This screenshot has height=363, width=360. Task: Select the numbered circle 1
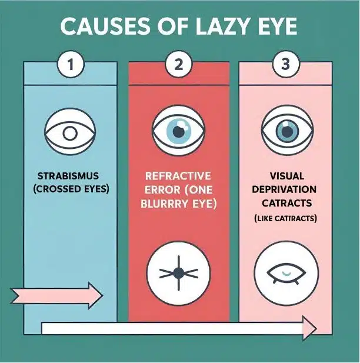(71, 64)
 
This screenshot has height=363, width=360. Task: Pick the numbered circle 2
(178, 64)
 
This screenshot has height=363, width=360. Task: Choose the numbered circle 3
(286, 64)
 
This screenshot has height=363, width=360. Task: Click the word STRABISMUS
(68, 176)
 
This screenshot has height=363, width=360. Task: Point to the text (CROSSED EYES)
(71, 189)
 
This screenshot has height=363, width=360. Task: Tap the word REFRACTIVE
(178, 176)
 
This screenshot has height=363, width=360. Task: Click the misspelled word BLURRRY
(165, 204)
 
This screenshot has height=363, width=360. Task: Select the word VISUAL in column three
(287, 176)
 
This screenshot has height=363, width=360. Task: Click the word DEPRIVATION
(284, 189)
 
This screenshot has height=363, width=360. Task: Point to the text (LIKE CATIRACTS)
(285, 218)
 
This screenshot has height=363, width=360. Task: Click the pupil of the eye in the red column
(179, 132)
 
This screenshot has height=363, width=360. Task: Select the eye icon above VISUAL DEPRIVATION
(287, 130)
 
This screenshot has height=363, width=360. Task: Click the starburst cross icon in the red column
(178, 273)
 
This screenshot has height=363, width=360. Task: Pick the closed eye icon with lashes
(286, 274)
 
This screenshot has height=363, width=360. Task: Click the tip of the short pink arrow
(103, 295)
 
